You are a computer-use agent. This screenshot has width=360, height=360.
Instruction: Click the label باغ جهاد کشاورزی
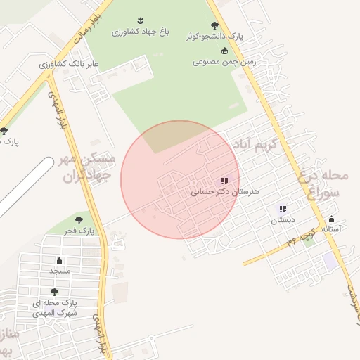tap(138, 32)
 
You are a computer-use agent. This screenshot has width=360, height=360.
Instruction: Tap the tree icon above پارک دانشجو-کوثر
tap(214, 25)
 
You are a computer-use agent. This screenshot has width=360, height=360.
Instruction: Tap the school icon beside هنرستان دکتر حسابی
tap(224, 181)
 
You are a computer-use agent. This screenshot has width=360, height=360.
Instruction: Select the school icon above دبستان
tap(283, 209)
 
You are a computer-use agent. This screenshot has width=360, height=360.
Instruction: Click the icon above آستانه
tap(331, 219)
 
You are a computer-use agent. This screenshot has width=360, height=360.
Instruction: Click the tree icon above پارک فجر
tap(78, 220)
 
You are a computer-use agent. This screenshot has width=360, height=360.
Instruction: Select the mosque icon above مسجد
tap(59, 261)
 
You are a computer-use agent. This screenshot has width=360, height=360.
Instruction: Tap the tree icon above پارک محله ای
tap(54, 292)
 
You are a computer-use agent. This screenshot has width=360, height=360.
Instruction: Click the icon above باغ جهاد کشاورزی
tap(138, 20)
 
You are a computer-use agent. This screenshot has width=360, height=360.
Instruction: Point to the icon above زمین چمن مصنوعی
tap(225, 51)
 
